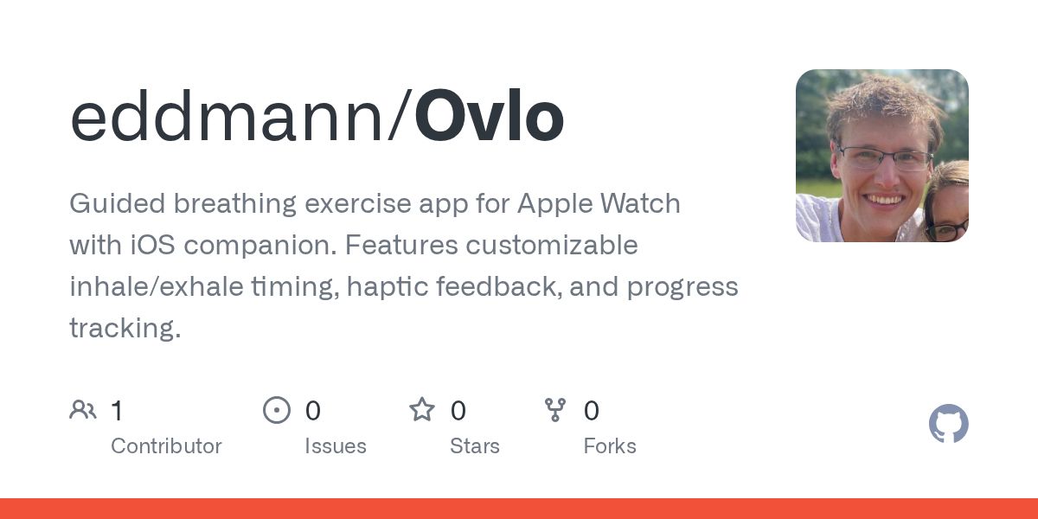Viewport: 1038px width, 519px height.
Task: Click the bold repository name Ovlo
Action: click(x=490, y=118)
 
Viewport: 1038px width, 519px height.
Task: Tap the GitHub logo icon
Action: click(x=948, y=424)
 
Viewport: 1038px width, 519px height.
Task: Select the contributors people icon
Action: click(x=83, y=410)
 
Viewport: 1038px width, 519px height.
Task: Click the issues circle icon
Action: click(x=277, y=410)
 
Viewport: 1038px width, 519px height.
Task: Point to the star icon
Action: click(x=422, y=410)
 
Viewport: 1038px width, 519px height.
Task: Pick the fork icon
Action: click(x=555, y=410)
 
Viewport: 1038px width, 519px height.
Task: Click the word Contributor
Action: click(x=166, y=446)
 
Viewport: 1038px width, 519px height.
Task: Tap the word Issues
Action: click(x=336, y=446)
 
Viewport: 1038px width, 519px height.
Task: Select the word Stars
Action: click(x=475, y=446)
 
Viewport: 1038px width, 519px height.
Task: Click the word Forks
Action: click(x=610, y=446)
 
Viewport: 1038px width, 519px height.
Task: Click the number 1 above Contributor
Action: click(x=117, y=411)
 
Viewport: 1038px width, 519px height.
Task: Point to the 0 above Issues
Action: click(x=313, y=411)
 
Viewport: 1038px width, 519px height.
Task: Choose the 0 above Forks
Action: click(x=592, y=411)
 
